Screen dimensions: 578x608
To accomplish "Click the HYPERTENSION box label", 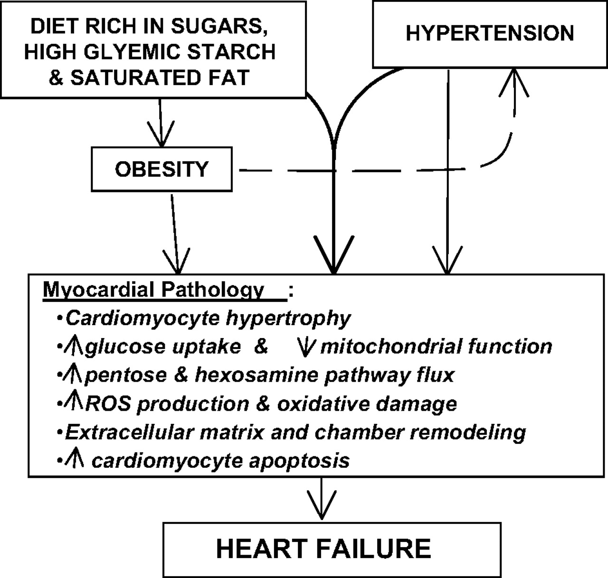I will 490,33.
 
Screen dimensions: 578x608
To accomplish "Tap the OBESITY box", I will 161,169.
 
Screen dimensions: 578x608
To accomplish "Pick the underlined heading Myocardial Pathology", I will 153,289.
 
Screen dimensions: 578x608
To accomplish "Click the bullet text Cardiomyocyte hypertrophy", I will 208,318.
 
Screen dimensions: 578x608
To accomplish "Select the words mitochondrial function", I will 436,347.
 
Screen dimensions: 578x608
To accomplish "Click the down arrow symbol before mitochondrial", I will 305,347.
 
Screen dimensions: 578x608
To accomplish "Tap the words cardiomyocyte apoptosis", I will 220,461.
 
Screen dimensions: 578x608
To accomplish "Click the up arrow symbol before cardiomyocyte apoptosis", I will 76,460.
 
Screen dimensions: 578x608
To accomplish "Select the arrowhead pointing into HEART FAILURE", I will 322,509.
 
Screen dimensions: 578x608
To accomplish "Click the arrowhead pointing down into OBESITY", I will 161,135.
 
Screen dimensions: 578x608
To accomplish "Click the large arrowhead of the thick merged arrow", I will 334,259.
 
